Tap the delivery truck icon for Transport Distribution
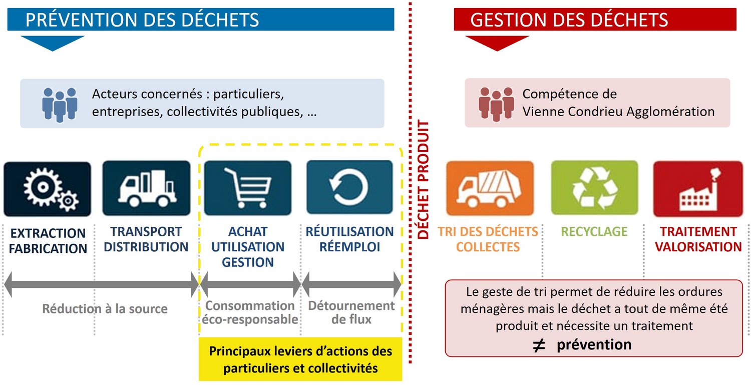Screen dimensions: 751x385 point(147,188)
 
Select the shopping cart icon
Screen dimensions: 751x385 point(248,188)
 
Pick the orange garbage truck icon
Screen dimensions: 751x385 point(490,188)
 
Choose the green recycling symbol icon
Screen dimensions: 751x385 point(594,188)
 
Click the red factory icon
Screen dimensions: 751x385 point(698,189)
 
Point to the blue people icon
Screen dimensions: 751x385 point(60,105)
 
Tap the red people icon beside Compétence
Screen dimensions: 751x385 point(496,104)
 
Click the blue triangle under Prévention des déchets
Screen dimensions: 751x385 point(53,43)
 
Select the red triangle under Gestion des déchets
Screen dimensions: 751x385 point(497,43)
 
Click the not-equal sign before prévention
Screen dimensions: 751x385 point(539,345)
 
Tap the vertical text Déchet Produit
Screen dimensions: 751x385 point(423,179)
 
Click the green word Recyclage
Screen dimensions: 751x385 point(594,231)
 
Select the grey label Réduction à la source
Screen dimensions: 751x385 point(105,308)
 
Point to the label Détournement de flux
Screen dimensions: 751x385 point(351,312)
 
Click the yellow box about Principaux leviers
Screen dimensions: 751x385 point(300,359)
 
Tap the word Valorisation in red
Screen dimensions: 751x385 point(698,247)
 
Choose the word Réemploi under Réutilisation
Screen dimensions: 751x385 point(349,247)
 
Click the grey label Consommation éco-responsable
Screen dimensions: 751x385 point(250,312)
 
